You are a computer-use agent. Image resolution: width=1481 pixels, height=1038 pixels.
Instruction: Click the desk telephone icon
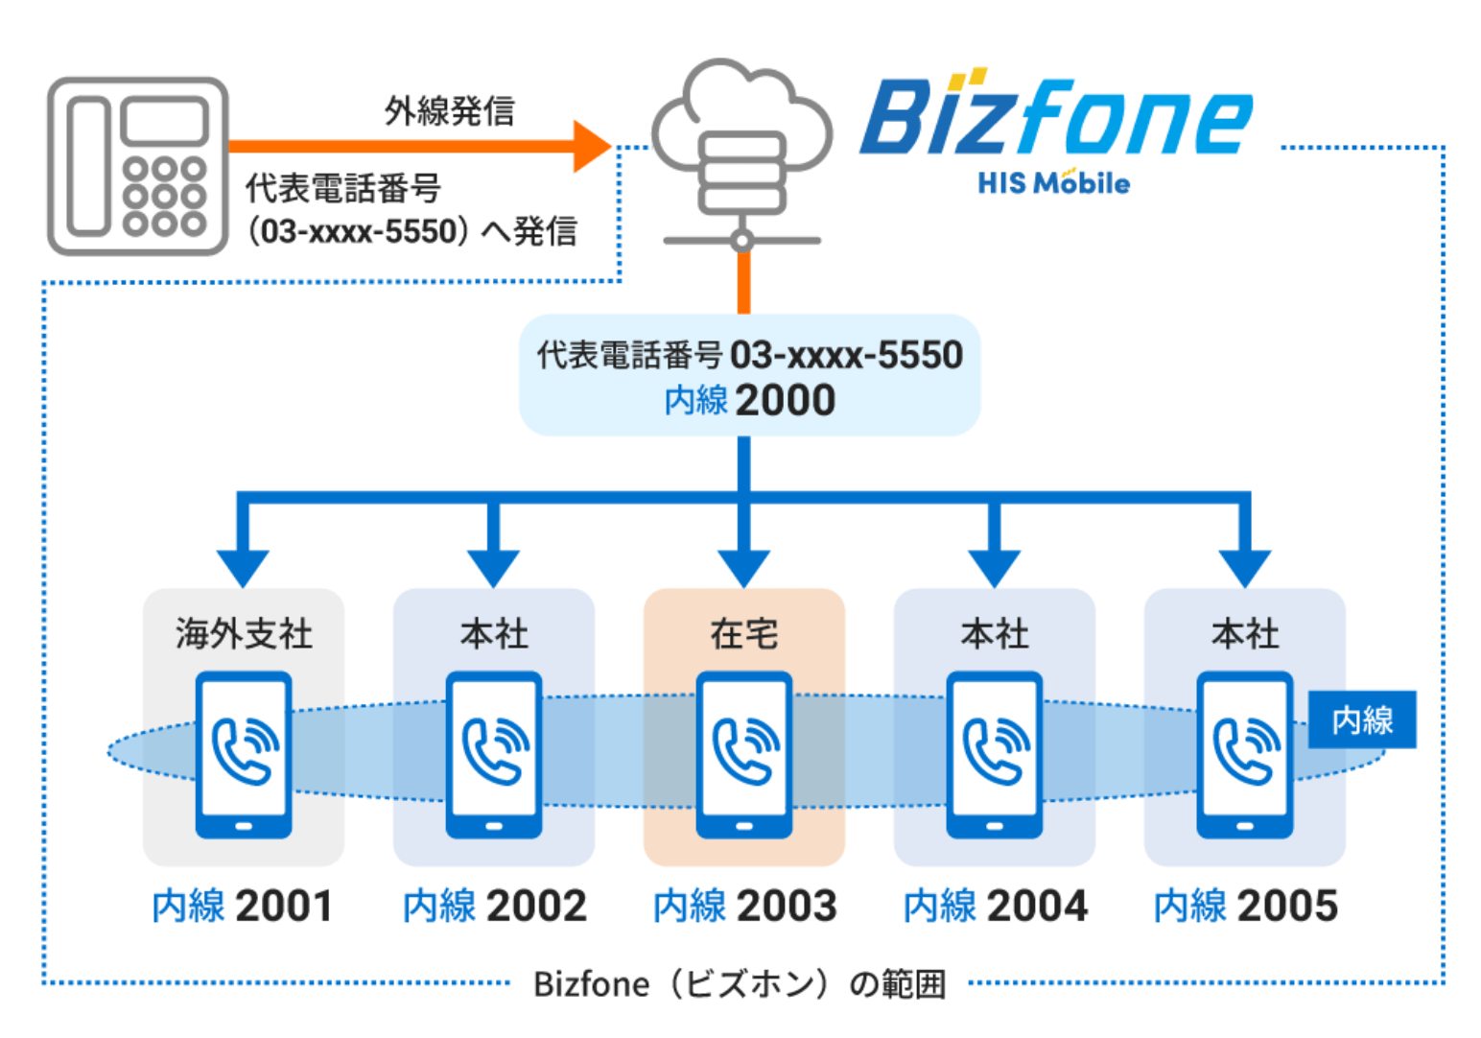pyautogui.click(x=137, y=166)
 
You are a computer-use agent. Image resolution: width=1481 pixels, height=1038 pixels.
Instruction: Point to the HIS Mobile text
pyautogui.click(x=1053, y=182)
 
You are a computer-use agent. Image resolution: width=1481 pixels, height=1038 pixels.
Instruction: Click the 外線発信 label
pyautogui.click(x=449, y=111)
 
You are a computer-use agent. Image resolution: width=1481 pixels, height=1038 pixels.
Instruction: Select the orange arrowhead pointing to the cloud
pyautogui.click(x=591, y=146)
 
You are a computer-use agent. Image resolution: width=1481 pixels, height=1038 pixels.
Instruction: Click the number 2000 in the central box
pyautogui.click(x=785, y=400)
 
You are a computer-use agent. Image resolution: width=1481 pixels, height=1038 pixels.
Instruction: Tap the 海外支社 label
pyautogui.click(x=244, y=634)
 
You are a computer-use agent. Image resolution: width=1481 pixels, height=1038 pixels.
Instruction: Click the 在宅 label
pyautogui.click(x=743, y=634)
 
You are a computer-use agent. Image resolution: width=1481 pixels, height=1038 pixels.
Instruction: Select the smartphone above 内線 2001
pyautogui.click(x=244, y=755)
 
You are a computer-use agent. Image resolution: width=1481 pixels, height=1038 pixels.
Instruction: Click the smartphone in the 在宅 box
pyautogui.click(x=743, y=755)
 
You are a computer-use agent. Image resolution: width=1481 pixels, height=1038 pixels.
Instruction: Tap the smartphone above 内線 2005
pyautogui.click(x=1244, y=755)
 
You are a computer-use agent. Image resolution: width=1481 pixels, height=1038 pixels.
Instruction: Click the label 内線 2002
pyautogui.click(x=494, y=906)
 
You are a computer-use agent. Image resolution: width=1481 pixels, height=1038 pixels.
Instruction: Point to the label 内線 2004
pyautogui.click(x=995, y=906)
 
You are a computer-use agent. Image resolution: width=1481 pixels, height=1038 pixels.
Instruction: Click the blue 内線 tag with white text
pyautogui.click(x=1362, y=720)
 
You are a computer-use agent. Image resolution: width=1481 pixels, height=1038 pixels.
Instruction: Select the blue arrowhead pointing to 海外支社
pyautogui.click(x=243, y=567)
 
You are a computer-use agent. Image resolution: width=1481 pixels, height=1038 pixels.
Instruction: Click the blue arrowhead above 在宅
pyautogui.click(x=743, y=567)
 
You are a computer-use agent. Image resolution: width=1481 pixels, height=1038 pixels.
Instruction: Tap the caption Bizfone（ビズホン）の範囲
pyautogui.click(x=740, y=984)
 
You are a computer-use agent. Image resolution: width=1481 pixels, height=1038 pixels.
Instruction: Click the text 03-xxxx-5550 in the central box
pyautogui.click(x=846, y=355)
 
